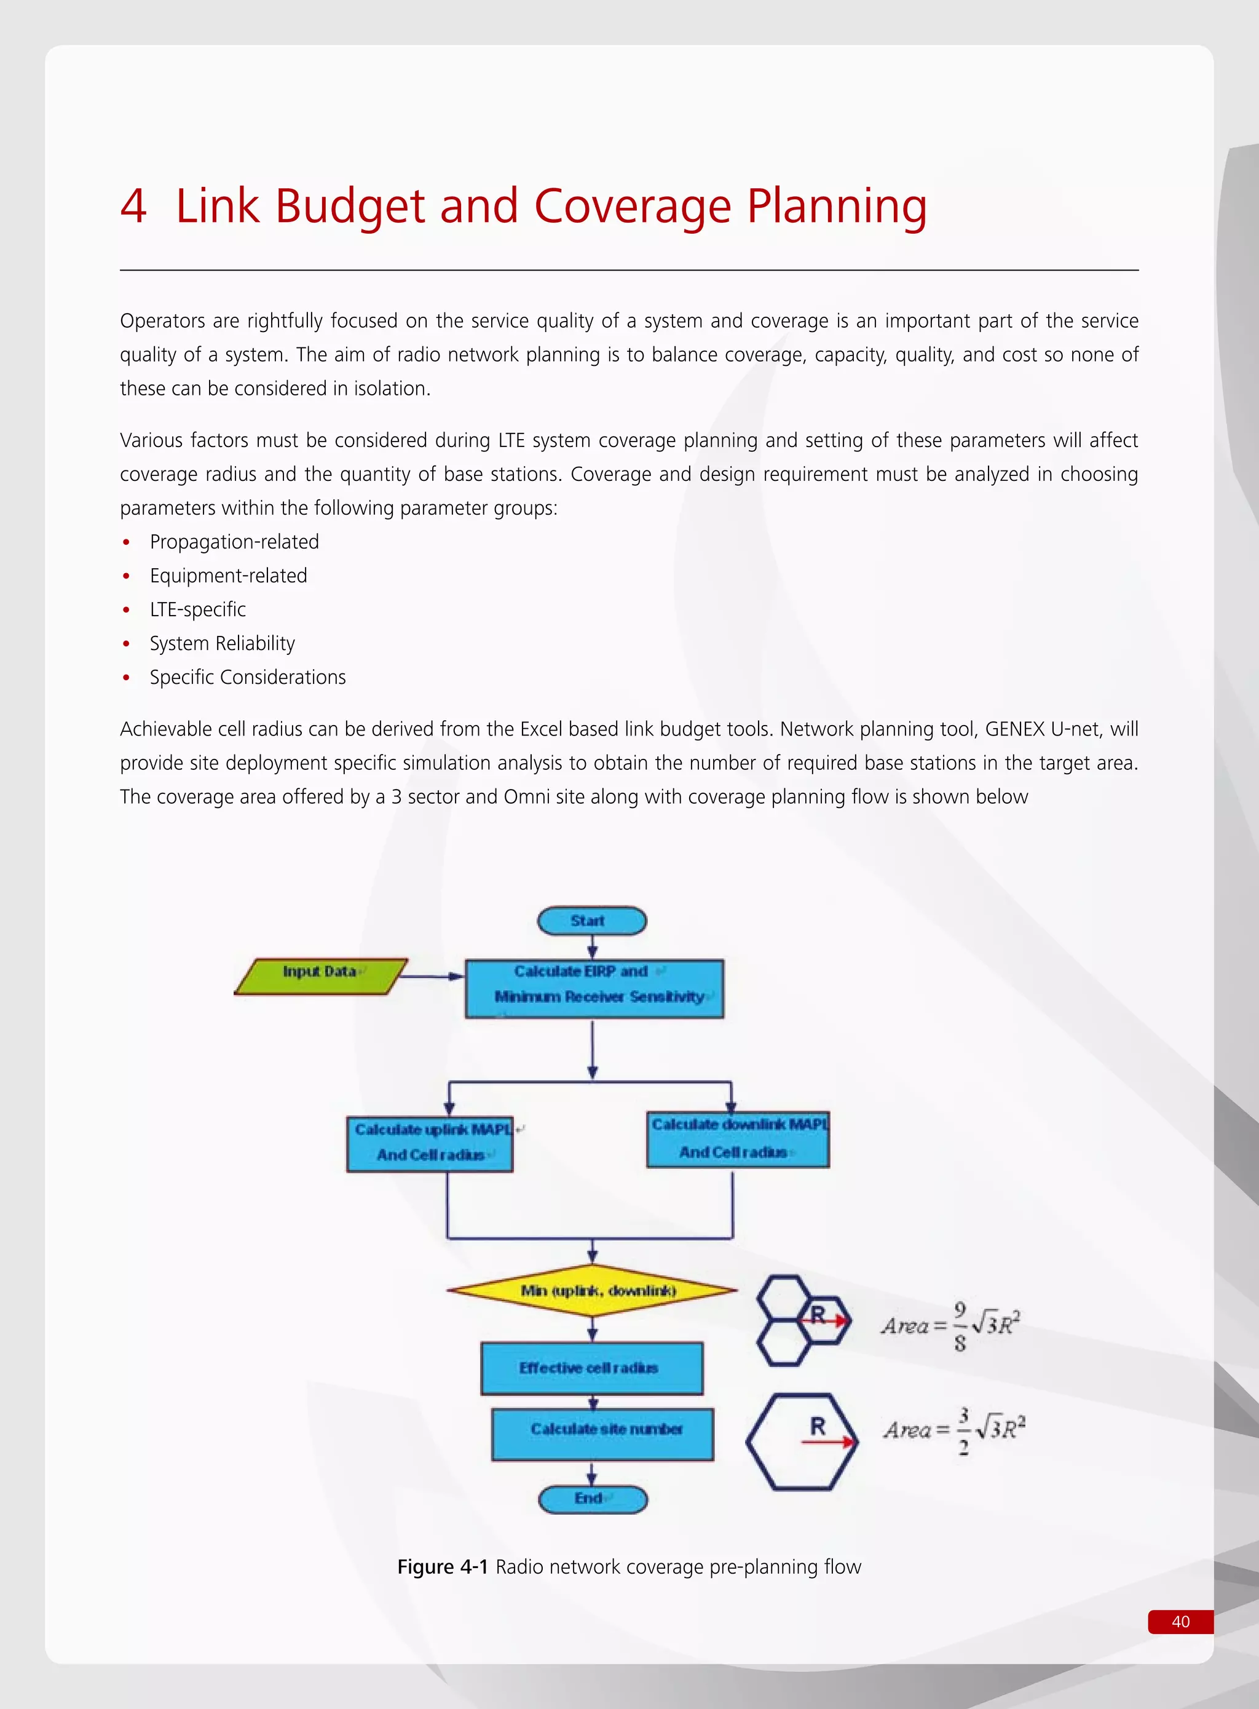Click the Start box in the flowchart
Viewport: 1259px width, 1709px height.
pyautogui.click(x=591, y=921)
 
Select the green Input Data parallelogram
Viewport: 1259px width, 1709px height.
pyautogui.click(x=320, y=976)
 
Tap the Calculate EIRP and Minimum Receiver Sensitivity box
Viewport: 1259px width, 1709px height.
pyautogui.click(x=594, y=989)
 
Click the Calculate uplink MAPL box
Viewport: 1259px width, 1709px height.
pyautogui.click(x=430, y=1143)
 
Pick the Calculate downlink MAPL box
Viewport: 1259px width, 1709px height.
pyautogui.click(x=737, y=1139)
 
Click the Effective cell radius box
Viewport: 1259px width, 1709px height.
pyautogui.click(x=591, y=1368)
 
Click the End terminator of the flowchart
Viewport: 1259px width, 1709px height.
pyautogui.click(x=592, y=1499)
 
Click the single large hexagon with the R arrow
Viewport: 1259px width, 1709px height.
pyautogui.click(x=801, y=1441)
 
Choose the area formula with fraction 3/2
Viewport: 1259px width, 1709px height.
pyautogui.click(x=954, y=1431)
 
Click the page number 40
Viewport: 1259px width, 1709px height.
pyautogui.click(x=1180, y=1621)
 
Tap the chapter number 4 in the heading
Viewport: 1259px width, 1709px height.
pyautogui.click(x=133, y=206)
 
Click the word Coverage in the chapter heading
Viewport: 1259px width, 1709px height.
pyautogui.click(x=632, y=206)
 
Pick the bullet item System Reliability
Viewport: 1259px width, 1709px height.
pyautogui.click(x=222, y=643)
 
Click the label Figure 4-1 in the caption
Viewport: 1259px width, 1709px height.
pyautogui.click(x=442, y=1566)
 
